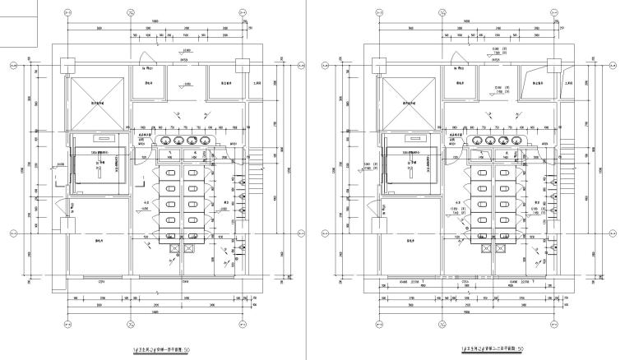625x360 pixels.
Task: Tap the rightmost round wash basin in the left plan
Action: pyautogui.click(x=205, y=141)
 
